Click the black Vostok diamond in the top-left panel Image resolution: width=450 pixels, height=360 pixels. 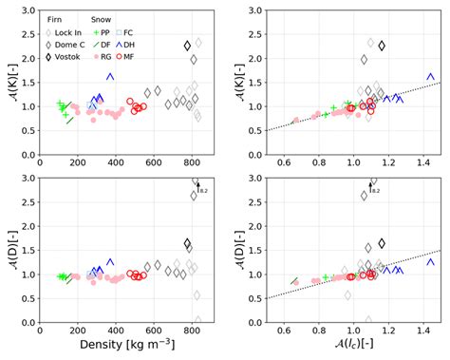(x=188, y=46)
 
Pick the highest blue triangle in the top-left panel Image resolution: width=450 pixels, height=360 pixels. (x=110, y=76)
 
